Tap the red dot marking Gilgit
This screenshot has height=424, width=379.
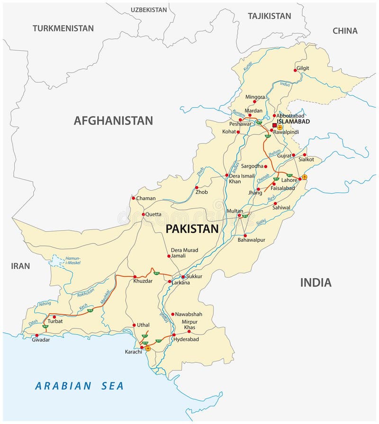click(295, 70)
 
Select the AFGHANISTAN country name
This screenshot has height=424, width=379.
click(113, 121)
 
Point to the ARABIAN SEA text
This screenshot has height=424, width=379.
click(79, 386)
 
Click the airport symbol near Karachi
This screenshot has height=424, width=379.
click(148, 348)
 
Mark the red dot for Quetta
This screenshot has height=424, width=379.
click(143, 214)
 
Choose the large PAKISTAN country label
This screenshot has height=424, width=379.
click(192, 229)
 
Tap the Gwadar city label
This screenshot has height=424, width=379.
click(41, 340)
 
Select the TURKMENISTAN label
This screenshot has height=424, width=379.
click(63, 28)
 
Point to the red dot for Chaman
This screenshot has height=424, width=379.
click(133, 198)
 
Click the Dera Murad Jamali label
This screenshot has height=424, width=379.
click(184, 253)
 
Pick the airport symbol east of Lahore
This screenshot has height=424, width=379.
click(304, 177)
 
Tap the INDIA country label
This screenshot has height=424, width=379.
click(316, 283)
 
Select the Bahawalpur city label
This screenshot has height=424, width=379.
click(252, 240)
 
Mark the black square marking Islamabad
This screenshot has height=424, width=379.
click(274, 125)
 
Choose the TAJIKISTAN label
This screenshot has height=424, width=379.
click(269, 16)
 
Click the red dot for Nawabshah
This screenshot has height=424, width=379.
click(172, 314)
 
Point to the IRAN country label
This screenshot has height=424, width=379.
click(21, 266)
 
